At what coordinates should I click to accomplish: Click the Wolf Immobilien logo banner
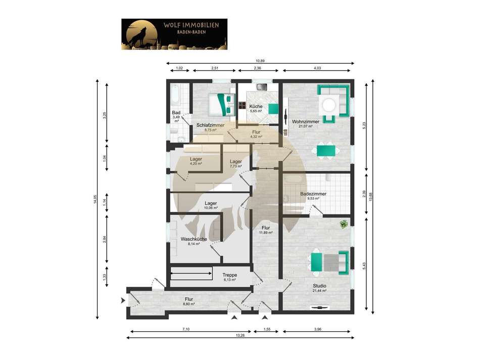[174, 34]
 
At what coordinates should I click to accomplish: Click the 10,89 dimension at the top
[259, 61]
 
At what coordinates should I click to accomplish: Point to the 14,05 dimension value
[94, 199]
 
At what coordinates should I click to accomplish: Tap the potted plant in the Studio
[344, 223]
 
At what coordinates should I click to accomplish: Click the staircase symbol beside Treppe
[192, 275]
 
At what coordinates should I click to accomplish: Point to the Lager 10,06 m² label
[211, 205]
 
